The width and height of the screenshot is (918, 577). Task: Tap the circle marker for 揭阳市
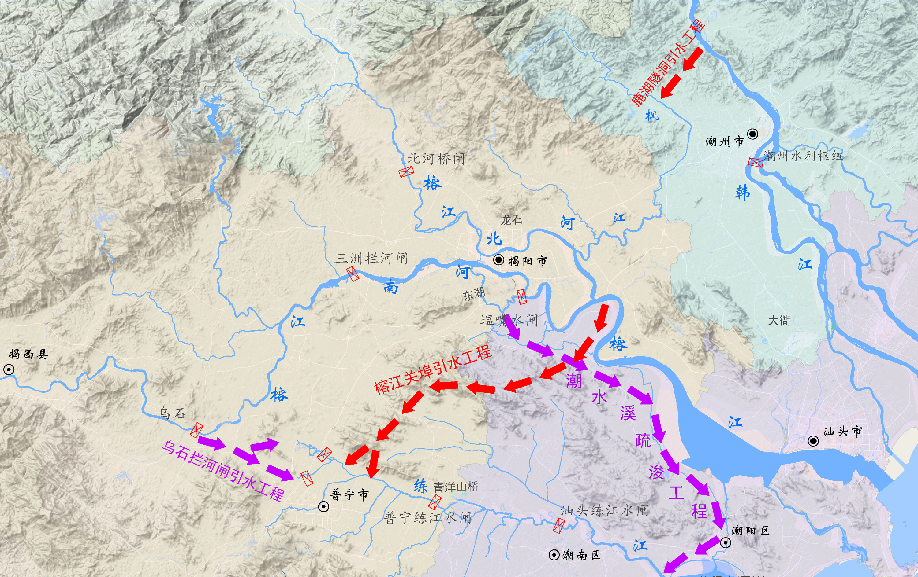pos(499,260)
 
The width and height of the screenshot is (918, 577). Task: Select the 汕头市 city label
pos(842,432)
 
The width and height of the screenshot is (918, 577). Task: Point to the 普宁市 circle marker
pos(324,506)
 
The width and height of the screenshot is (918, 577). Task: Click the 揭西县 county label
pos(28,354)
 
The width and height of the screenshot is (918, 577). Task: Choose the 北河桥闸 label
pos(436,158)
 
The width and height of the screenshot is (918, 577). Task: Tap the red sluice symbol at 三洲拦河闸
pos(353,274)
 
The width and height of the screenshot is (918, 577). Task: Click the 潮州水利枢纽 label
pos(803,156)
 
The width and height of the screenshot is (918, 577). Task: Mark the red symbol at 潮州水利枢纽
pos(756,162)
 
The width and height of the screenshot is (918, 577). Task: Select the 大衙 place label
pos(779,320)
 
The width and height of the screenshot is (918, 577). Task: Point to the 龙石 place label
pos(511,220)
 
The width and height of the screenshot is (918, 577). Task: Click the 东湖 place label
pos(474,294)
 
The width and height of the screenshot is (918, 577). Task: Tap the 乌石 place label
pos(172,413)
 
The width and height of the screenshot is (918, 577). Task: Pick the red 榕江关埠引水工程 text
pos(433,370)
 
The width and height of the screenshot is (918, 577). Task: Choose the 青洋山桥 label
pos(456,487)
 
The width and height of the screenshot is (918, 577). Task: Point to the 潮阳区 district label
pos(751,531)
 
